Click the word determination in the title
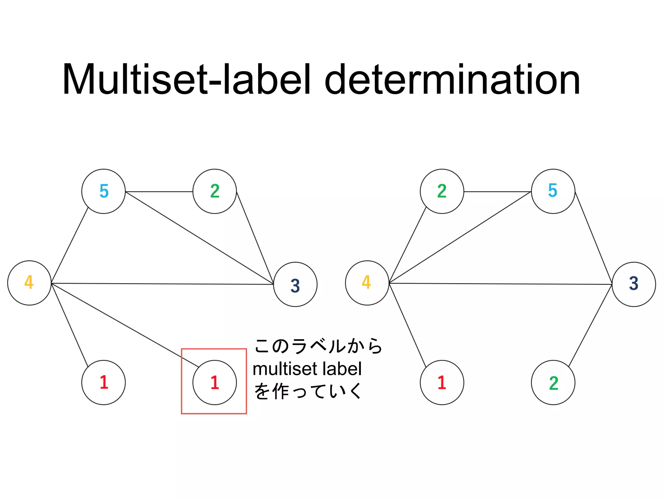(x=452, y=80)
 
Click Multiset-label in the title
(x=186, y=80)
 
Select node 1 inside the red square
(x=215, y=383)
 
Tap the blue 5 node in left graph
(x=103, y=191)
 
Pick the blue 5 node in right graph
(x=553, y=191)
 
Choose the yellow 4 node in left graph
(x=30, y=283)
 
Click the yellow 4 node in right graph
(x=367, y=283)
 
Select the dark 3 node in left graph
(x=295, y=285)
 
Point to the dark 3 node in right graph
(x=634, y=284)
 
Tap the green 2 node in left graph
(x=215, y=191)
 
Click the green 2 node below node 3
(x=553, y=383)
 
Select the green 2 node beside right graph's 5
(x=442, y=191)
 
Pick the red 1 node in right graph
(x=442, y=383)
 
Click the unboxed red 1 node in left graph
(x=103, y=383)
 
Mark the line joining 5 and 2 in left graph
(x=159, y=192)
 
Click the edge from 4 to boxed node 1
(x=125, y=325)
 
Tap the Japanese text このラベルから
(x=318, y=346)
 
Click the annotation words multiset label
(x=307, y=369)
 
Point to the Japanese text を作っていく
(x=307, y=391)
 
